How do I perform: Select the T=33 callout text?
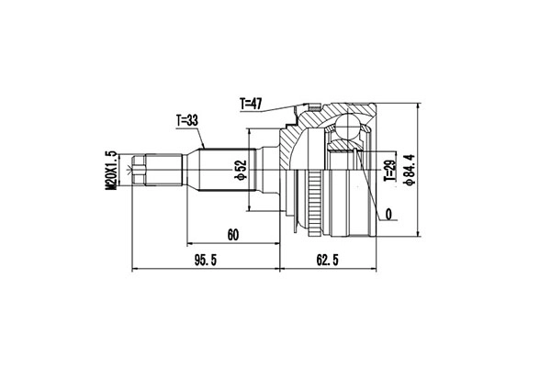(187, 120)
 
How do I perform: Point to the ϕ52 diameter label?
(241, 170)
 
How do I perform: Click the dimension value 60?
(232, 235)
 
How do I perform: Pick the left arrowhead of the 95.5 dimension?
(137, 270)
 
